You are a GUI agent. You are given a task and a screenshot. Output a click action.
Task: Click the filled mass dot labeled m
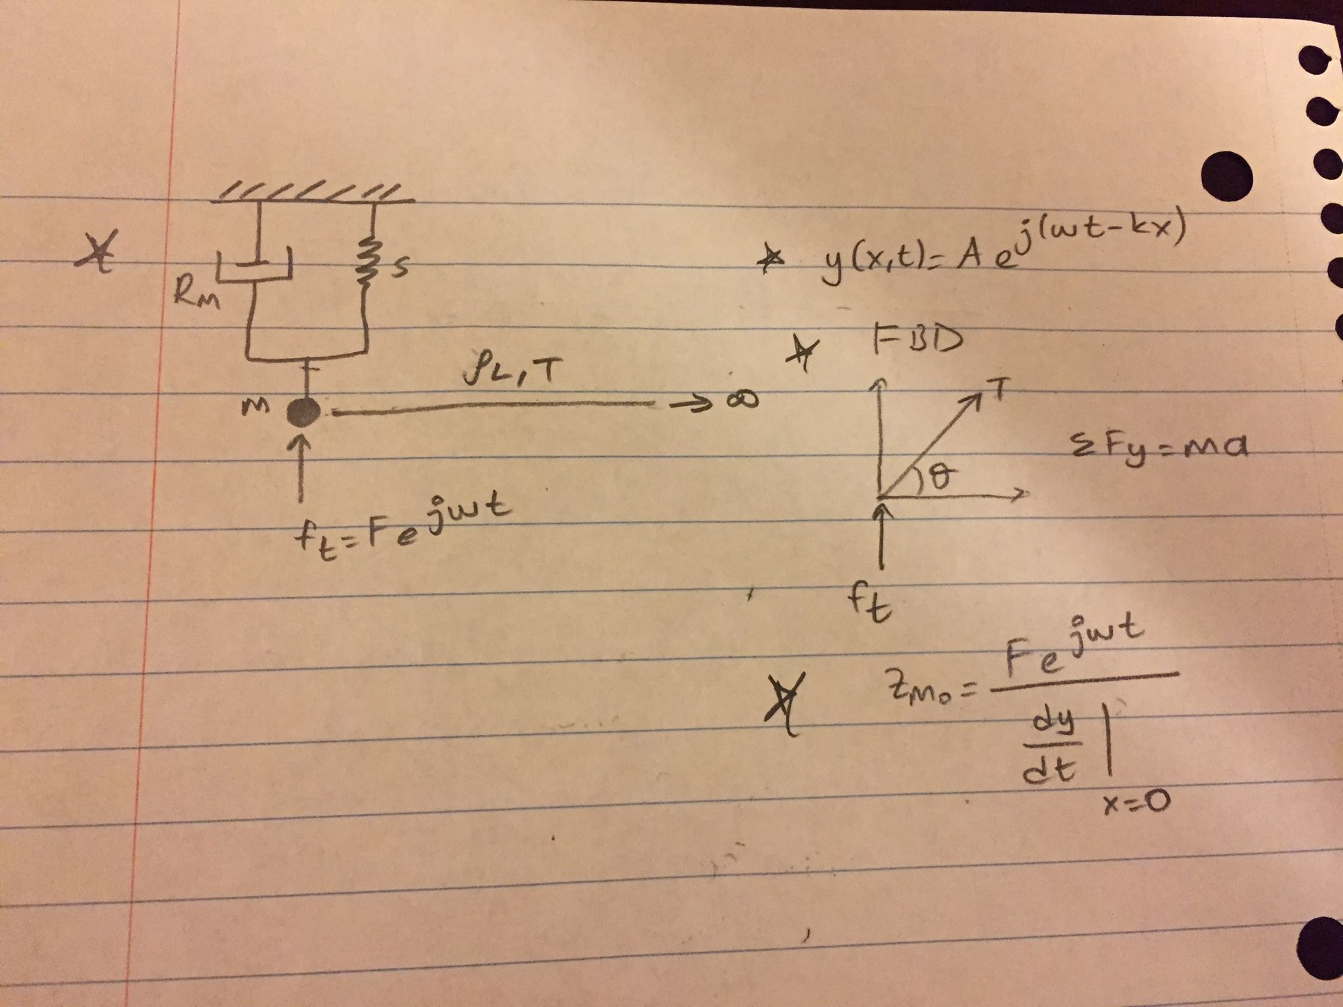point(303,412)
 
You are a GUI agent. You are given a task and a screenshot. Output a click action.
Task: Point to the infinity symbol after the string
point(742,400)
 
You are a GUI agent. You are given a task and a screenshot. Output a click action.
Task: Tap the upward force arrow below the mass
point(301,468)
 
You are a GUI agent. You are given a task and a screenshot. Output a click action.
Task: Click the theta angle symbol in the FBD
point(942,482)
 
